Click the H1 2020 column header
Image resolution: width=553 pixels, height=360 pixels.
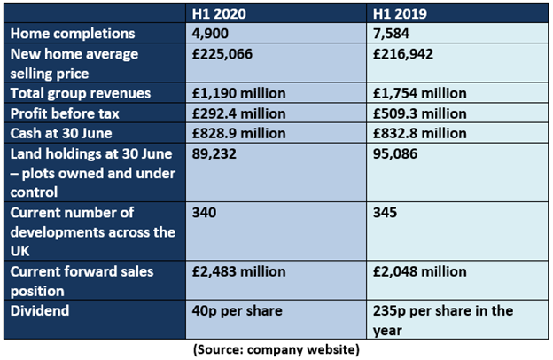219,14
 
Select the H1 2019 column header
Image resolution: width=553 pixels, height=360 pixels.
400,14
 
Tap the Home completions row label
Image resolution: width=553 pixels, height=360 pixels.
73,34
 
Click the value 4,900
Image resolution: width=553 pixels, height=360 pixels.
210,34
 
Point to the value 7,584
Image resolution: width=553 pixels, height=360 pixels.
391,34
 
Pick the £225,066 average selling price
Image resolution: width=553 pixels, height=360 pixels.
222,54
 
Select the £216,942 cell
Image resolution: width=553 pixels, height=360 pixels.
402,54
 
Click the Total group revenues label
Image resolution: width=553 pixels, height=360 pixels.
81,93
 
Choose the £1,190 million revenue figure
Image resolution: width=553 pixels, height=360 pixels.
238,93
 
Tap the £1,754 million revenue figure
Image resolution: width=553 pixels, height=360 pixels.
420,93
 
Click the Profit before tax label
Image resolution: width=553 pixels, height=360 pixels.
65,113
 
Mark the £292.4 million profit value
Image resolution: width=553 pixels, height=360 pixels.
238,113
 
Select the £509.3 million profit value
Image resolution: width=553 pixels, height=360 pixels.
420,113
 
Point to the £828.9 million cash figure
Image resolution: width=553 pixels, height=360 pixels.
238,133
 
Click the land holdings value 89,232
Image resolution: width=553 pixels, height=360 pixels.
214,153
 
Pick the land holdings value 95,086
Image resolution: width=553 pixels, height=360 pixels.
395,153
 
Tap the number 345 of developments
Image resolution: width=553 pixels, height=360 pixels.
385,213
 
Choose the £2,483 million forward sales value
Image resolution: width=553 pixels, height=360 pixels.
238,271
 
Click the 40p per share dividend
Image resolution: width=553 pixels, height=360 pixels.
237,311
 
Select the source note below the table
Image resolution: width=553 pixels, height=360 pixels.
276,349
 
